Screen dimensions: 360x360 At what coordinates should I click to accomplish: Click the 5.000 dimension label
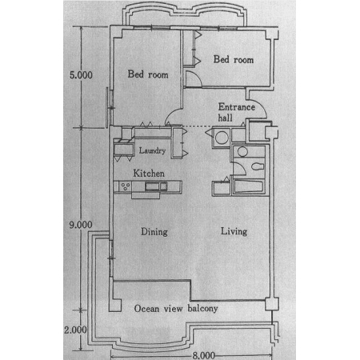(x=81, y=75)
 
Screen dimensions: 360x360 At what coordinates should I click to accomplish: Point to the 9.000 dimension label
(x=81, y=225)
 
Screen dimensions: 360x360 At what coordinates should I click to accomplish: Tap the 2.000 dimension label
(x=75, y=330)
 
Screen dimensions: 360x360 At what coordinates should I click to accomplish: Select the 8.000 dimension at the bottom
(x=204, y=355)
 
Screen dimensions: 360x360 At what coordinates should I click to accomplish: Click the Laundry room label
(x=152, y=150)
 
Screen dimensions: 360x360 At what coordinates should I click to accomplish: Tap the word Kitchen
(x=149, y=174)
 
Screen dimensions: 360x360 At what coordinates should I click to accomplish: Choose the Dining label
(x=154, y=232)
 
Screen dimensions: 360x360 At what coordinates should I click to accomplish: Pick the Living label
(x=234, y=231)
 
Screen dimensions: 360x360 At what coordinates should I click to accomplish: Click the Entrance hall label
(x=237, y=112)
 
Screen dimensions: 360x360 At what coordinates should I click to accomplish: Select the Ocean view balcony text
(x=176, y=309)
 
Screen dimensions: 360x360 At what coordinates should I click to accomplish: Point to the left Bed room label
(x=148, y=74)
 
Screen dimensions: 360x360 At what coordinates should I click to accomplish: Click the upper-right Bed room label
(x=234, y=59)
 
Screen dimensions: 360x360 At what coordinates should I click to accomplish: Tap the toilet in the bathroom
(x=258, y=166)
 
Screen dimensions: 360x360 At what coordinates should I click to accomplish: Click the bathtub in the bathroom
(x=249, y=187)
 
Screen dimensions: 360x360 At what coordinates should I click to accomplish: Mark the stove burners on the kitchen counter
(x=126, y=186)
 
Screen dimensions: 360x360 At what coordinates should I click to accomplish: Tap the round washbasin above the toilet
(x=242, y=152)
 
